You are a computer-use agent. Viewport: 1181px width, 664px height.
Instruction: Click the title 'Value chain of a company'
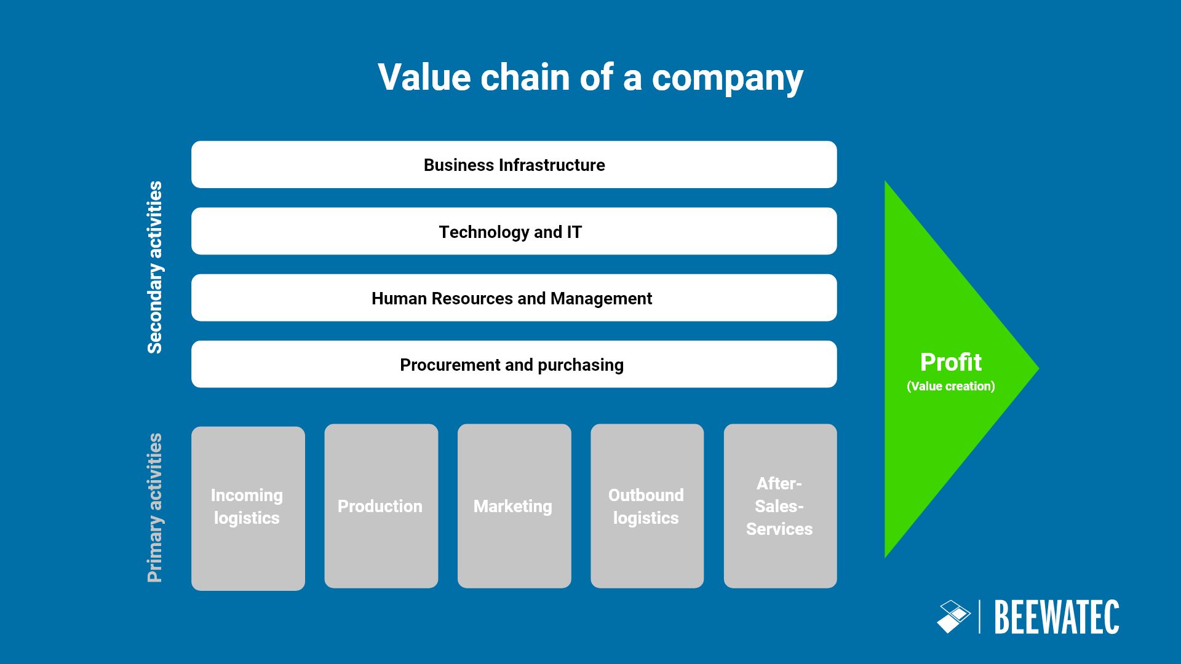click(x=590, y=78)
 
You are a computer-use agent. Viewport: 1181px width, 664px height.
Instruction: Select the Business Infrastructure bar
click(x=514, y=165)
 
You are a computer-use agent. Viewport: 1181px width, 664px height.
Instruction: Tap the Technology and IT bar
click(x=514, y=232)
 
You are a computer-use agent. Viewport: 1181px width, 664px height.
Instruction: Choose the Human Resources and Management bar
click(x=514, y=298)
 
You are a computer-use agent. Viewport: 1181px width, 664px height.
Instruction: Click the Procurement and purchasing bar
click(x=514, y=365)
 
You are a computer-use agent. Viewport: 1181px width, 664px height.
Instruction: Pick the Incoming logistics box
click(x=248, y=508)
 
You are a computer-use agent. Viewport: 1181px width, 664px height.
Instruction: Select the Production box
click(x=381, y=506)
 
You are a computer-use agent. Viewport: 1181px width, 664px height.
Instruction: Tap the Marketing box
click(x=514, y=506)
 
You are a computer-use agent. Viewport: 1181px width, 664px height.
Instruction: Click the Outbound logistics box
click(x=646, y=506)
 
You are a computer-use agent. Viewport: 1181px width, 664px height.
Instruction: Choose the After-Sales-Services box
click(x=780, y=506)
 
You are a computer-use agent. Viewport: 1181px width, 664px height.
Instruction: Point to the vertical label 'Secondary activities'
click(x=155, y=267)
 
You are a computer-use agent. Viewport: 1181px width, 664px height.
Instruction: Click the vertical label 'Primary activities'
click(x=155, y=508)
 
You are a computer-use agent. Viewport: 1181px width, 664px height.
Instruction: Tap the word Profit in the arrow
click(x=950, y=362)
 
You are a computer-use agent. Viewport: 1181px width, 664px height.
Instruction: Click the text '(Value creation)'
click(x=950, y=386)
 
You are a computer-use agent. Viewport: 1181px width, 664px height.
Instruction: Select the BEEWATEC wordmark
click(x=1056, y=617)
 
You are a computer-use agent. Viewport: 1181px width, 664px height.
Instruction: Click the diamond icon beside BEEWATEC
click(x=953, y=617)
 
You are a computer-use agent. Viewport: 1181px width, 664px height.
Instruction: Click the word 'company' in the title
click(x=727, y=78)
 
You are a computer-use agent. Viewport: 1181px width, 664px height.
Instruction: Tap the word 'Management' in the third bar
click(x=601, y=298)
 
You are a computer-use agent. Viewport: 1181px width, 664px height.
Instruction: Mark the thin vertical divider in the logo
click(x=979, y=617)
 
